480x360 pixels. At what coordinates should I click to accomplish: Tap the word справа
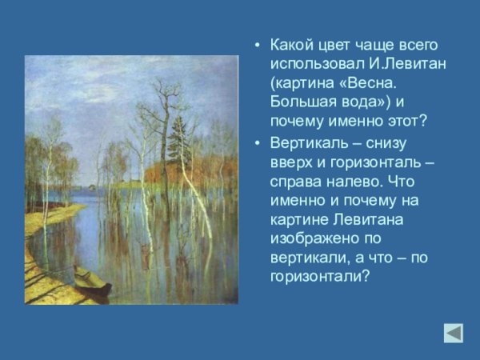click(297, 181)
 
